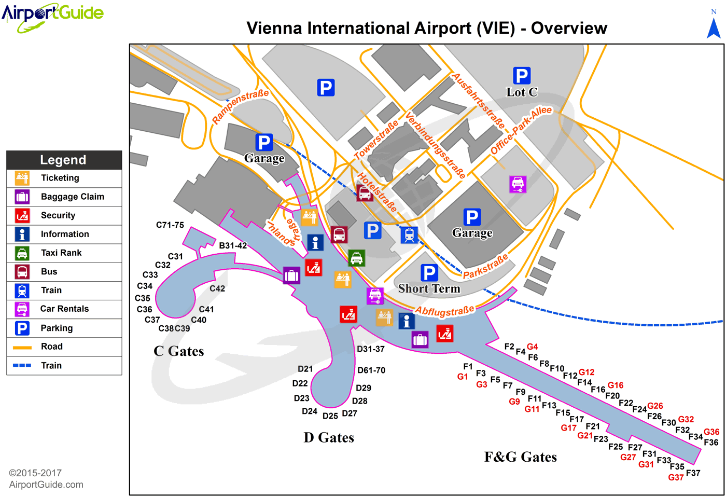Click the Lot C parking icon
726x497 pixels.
(x=521, y=76)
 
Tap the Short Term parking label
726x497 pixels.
(x=429, y=289)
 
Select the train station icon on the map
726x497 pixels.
(x=409, y=235)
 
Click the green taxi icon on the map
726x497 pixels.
(x=356, y=258)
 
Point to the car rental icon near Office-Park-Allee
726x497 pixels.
(x=518, y=184)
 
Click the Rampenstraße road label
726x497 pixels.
(x=241, y=106)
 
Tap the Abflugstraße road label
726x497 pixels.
(x=444, y=311)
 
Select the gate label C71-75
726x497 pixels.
(x=170, y=225)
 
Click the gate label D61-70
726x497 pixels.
(x=371, y=370)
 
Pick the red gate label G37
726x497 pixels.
(x=676, y=477)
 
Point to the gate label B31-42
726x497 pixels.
(x=233, y=245)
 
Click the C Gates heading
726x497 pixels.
(x=179, y=351)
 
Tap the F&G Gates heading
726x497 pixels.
(x=520, y=457)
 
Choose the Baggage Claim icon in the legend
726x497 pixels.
(x=22, y=197)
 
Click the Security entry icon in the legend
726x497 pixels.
(x=22, y=215)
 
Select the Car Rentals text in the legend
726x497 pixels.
(x=64, y=309)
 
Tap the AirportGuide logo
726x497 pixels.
(x=52, y=16)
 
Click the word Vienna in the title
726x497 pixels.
(x=274, y=28)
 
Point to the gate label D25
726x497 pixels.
(x=330, y=416)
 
